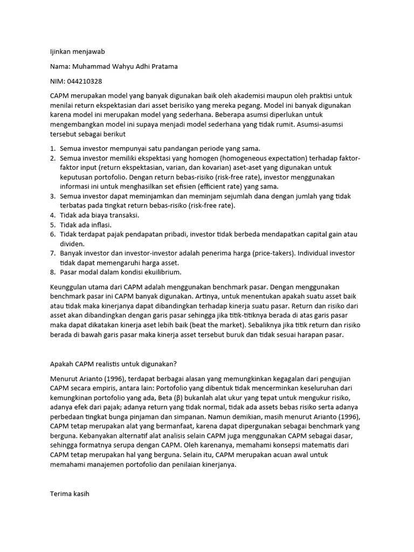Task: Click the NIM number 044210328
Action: click(x=84, y=81)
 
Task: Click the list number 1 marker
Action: click(x=53, y=148)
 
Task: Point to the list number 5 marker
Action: click(x=53, y=225)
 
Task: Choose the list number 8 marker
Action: click(x=53, y=272)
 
